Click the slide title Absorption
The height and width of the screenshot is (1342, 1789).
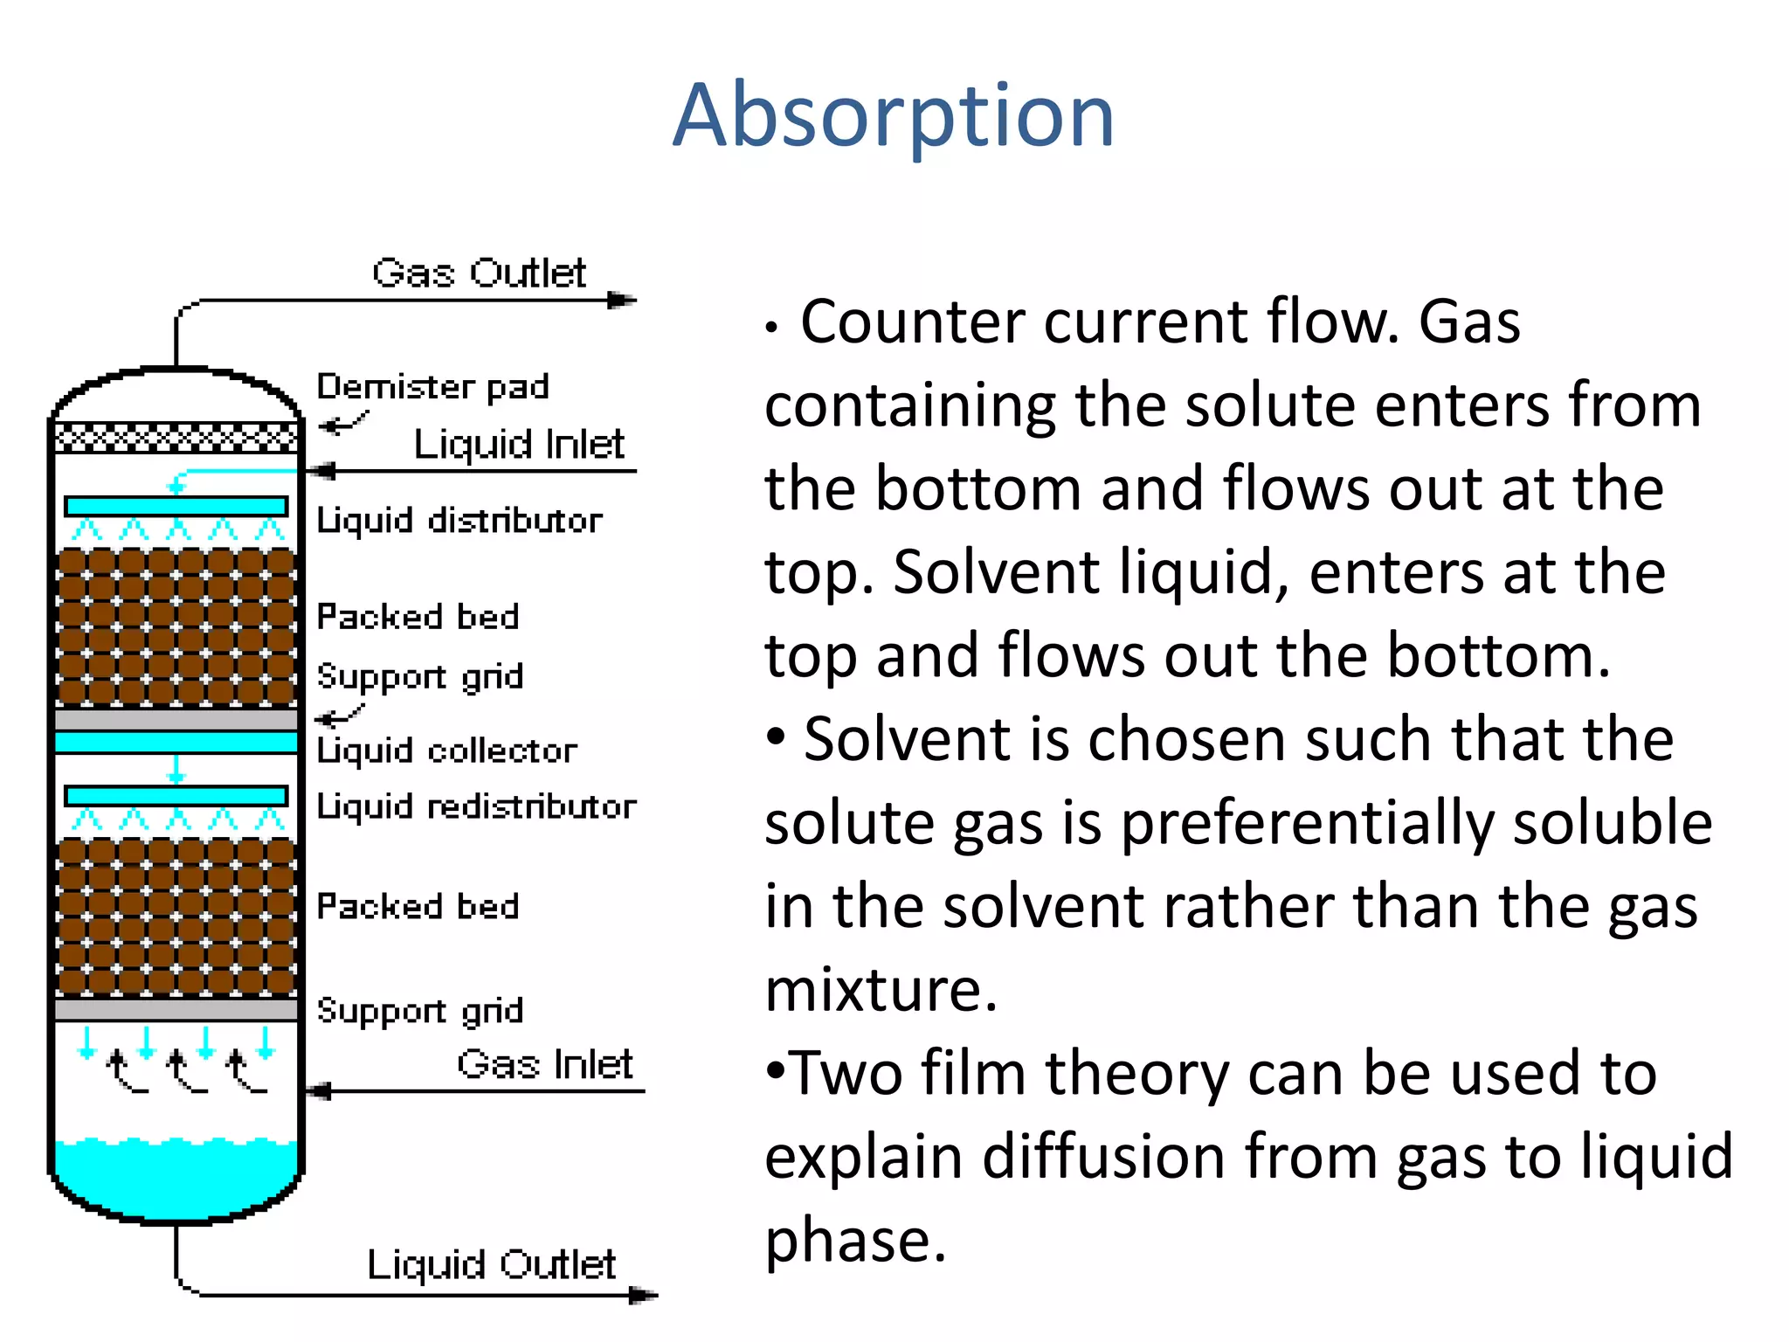[893, 115]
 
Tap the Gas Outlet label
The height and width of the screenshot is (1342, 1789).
[479, 273]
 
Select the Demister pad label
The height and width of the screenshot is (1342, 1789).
[432, 386]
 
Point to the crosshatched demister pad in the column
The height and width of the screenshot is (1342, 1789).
[176, 437]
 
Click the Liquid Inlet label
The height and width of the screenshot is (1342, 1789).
[519, 444]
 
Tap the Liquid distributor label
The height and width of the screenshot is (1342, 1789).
[459, 521]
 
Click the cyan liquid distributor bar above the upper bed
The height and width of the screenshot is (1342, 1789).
[176, 506]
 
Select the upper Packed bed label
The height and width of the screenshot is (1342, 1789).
[418, 617]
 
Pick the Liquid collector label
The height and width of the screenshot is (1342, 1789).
[446, 751]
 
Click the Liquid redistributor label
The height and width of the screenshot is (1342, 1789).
[476, 806]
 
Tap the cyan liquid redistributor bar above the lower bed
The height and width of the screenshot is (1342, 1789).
[176, 795]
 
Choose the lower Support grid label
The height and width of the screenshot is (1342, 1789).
[420, 1011]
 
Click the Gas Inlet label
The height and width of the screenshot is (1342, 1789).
[544, 1064]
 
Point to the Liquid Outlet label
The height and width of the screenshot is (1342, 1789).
[491, 1264]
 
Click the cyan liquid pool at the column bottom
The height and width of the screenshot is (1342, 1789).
[176, 1175]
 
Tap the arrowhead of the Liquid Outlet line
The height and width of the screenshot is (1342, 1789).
[644, 1295]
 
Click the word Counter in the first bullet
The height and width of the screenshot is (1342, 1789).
[913, 322]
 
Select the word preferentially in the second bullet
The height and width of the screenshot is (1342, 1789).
[1307, 823]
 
